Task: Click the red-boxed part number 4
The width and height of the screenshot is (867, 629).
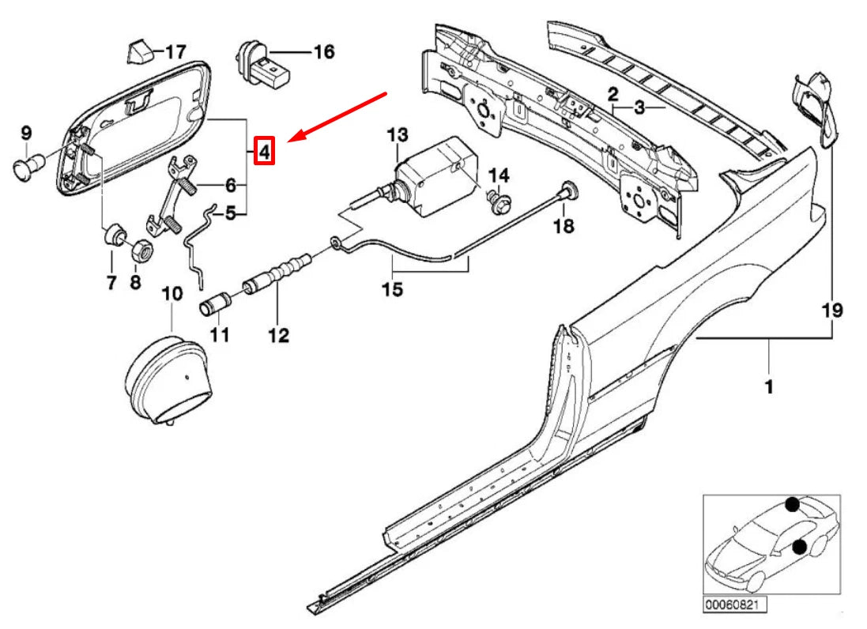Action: point(264,149)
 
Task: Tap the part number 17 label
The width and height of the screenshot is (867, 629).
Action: point(175,52)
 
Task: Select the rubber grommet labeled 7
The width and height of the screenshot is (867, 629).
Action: point(114,235)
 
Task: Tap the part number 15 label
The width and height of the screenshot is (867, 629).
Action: point(392,290)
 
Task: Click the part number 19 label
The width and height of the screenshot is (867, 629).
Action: point(835,310)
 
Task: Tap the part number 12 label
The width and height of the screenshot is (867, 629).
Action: point(278,336)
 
